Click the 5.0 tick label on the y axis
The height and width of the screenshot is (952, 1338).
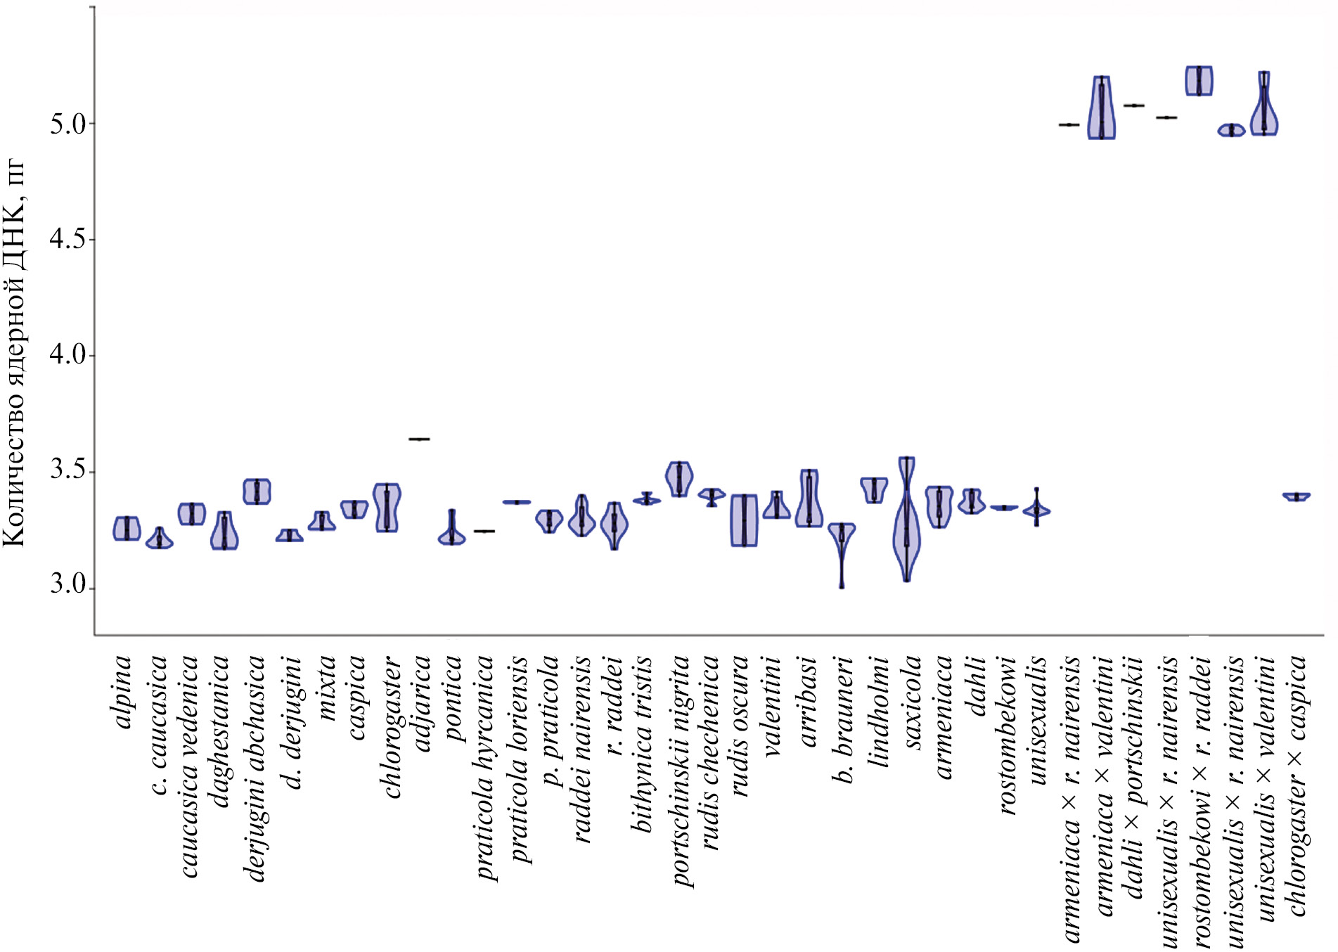pyautogui.click(x=67, y=124)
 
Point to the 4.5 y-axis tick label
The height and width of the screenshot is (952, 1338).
pyautogui.click(x=67, y=240)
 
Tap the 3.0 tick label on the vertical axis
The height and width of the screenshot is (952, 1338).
pyautogui.click(x=67, y=585)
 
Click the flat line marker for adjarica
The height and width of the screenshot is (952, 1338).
pyautogui.click(x=420, y=439)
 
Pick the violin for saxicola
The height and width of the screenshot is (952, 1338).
pyautogui.click(x=907, y=520)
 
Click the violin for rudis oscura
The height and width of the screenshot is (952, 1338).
pyautogui.click(x=744, y=521)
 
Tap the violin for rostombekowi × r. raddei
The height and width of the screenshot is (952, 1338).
pyautogui.click(x=1199, y=81)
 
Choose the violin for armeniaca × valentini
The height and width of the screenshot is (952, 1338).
pyautogui.click(x=1102, y=109)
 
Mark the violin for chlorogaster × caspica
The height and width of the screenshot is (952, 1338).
pyautogui.click(x=1297, y=497)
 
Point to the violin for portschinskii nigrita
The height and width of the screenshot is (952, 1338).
pyautogui.click(x=679, y=479)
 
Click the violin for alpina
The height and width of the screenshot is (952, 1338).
pyautogui.click(x=127, y=528)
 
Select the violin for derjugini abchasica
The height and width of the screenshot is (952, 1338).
pyautogui.click(x=257, y=492)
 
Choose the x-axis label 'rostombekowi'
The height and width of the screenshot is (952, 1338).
pyautogui.click(x=1008, y=735)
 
